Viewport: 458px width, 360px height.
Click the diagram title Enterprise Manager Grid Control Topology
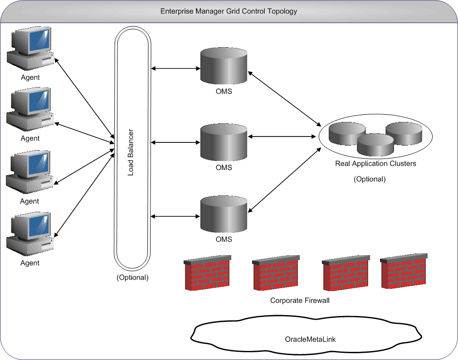(229, 11)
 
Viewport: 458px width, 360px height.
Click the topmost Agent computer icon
(30, 48)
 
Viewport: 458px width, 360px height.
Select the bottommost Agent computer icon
(30, 234)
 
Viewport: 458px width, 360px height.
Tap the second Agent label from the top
(30, 138)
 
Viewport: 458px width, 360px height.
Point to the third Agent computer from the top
(30, 172)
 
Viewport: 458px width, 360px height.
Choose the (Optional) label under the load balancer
(132, 277)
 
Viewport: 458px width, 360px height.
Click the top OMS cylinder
(224, 67)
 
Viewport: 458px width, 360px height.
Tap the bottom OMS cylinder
(224, 212)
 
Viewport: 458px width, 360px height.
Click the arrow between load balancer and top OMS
(175, 69)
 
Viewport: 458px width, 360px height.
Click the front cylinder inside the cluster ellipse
(375, 145)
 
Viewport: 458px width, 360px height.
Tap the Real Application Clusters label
(375, 163)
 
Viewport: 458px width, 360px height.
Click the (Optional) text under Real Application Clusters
(369, 179)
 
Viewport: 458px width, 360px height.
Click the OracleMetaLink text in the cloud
(310, 339)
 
